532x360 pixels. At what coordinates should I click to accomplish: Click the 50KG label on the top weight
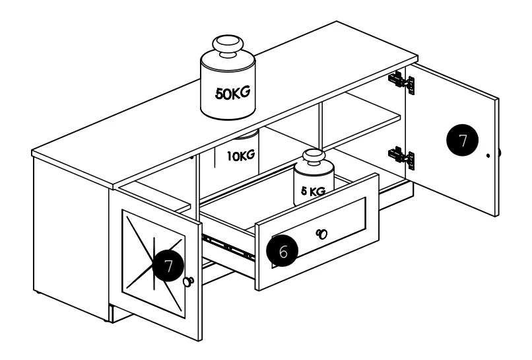tap(233, 92)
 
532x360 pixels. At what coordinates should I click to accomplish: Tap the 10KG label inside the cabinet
tap(241, 155)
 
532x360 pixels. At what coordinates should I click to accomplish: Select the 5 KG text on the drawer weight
tap(313, 191)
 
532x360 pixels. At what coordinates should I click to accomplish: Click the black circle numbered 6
tap(283, 251)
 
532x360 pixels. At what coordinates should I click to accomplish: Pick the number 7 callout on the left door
tap(168, 266)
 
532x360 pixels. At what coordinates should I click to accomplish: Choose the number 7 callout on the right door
tap(463, 140)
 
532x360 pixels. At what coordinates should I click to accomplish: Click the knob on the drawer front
tap(321, 234)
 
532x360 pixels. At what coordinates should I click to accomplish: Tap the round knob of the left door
tap(188, 281)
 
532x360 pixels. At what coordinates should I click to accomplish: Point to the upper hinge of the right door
tap(401, 82)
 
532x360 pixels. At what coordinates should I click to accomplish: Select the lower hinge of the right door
tap(401, 158)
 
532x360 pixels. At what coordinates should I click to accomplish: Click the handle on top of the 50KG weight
tap(228, 46)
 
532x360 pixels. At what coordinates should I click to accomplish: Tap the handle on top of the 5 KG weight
tap(314, 157)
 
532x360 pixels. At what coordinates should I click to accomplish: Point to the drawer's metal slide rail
tap(228, 245)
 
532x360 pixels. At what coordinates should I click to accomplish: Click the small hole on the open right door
tap(488, 155)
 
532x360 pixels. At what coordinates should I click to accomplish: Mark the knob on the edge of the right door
tap(500, 153)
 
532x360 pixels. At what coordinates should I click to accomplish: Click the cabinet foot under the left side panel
tap(38, 292)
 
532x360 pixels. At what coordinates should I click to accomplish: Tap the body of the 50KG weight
tap(228, 89)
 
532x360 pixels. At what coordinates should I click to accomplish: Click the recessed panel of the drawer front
tap(319, 233)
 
